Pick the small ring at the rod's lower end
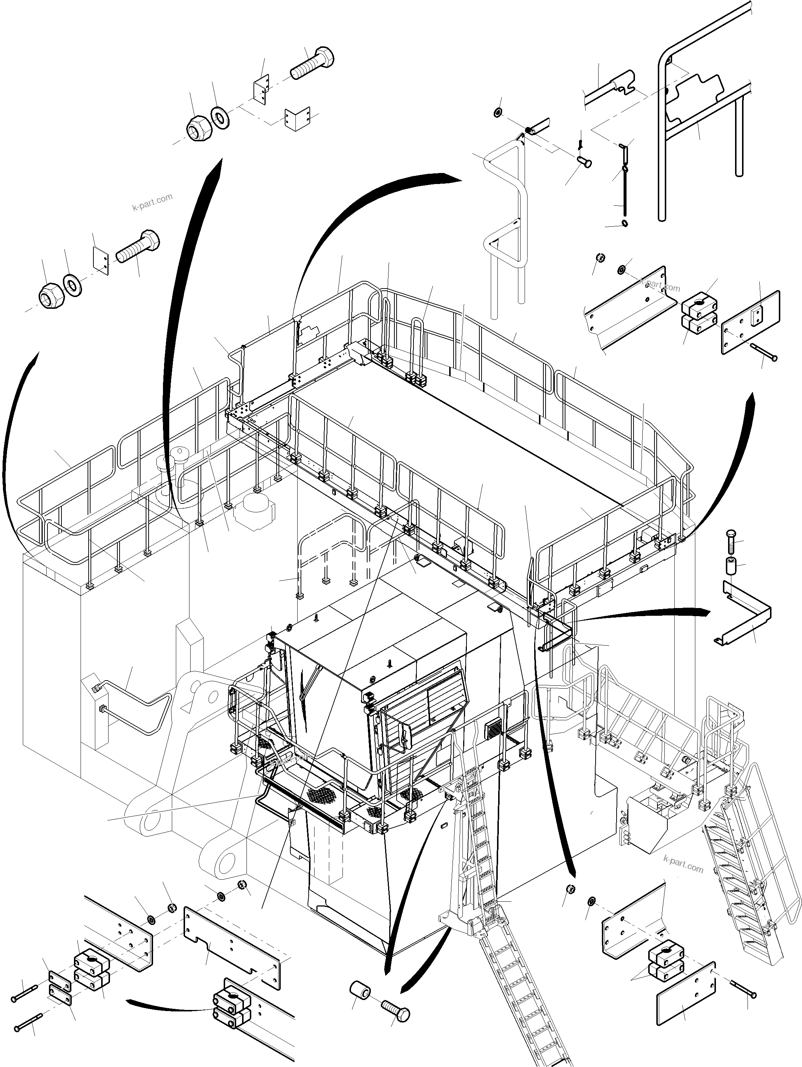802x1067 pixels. [x=625, y=222]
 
